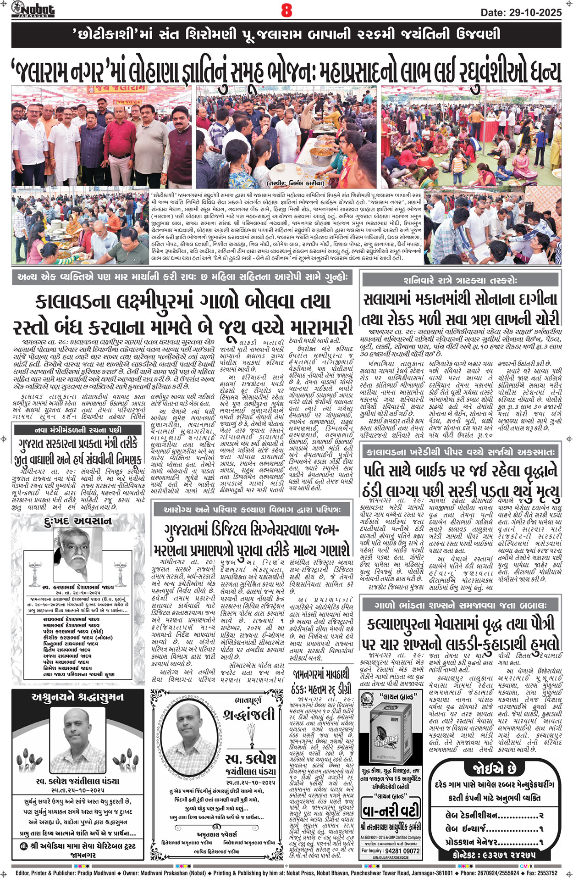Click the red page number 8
[x=286, y=10]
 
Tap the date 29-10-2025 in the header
[x=521, y=12]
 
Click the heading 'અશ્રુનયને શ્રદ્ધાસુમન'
[x=77, y=698]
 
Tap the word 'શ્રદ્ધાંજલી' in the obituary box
[x=249, y=714]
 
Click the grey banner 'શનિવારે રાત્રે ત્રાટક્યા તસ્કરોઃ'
[x=461, y=280]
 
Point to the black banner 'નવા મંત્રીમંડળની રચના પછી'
[x=78, y=430]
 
